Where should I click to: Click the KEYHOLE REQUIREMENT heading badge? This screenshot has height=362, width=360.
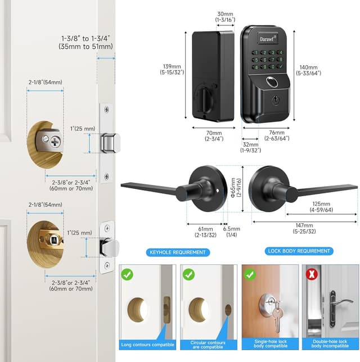pyautogui.click(x=177, y=252)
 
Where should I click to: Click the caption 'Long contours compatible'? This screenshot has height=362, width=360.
pyautogui.click(x=147, y=345)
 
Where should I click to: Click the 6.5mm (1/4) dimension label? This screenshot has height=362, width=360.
pyautogui.click(x=231, y=232)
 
